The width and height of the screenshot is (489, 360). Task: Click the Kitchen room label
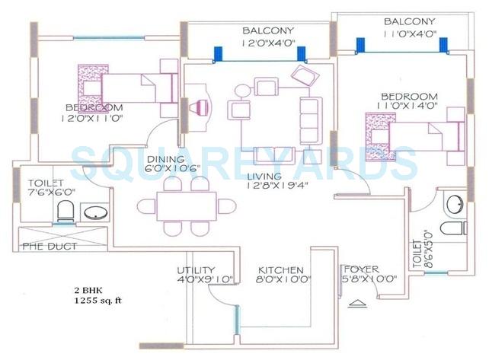click(281, 270)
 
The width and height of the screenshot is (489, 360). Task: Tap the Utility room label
click(196, 270)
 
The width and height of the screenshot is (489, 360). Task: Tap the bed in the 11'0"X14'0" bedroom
click(415, 133)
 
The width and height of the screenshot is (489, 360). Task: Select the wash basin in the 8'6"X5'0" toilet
click(454, 203)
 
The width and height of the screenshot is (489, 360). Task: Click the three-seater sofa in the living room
click(311, 116)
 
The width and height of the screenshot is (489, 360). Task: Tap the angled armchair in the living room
click(304, 77)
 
